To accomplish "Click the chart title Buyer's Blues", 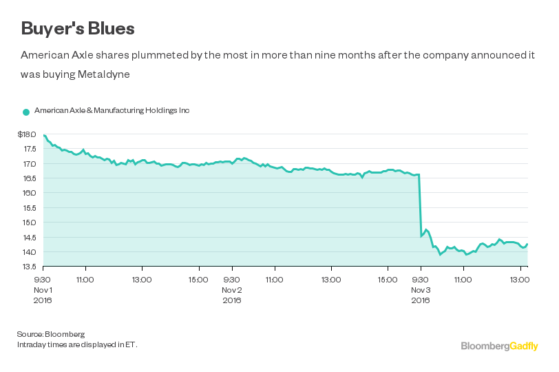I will tap(77, 28).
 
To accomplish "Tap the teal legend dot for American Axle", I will tap(26, 111).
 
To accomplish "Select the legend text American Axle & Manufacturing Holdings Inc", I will tap(112, 110).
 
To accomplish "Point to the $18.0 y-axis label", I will tap(27, 135).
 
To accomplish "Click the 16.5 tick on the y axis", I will tap(30, 178).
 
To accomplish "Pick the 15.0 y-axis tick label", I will tap(30, 223).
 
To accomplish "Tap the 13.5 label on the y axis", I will tap(30, 266).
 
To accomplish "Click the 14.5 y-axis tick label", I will tap(30, 237).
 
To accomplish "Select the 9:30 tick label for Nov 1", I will tap(42, 280).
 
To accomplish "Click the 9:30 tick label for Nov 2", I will tap(232, 280).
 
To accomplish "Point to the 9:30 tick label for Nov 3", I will tap(420, 280).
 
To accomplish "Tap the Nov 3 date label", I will tap(421, 290).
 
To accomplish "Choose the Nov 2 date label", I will tap(232, 290).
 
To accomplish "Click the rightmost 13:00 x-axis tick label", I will tap(519, 280).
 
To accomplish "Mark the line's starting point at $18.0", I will tap(43, 135).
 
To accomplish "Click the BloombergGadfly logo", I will tap(499, 346).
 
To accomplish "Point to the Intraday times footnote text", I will tap(77, 344).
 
